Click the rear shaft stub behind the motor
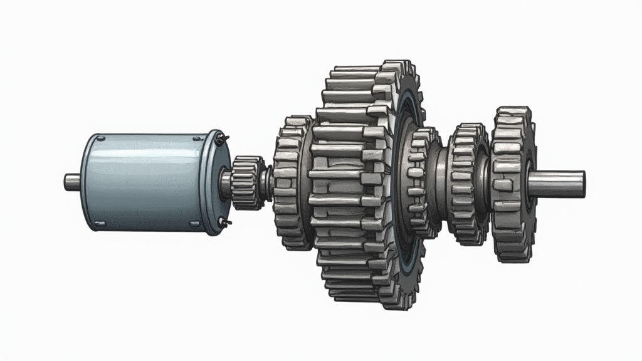tap(71, 182)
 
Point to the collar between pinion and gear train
tap(268, 182)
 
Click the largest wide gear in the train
tap(357, 182)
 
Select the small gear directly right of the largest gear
tap(425, 182)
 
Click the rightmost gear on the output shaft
tap(511, 183)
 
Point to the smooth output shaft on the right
tap(558, 183)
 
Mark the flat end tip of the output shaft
tap(582, 183)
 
